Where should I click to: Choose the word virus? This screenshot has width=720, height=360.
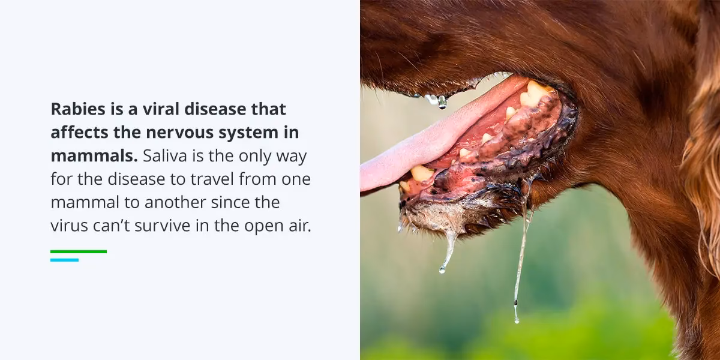[x=67, y=226]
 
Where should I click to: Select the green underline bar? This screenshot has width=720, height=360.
[x=78, y=251]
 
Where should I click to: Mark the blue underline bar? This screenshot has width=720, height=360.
[x=64, y=260]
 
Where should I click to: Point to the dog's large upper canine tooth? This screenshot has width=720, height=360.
[x=536, y=93]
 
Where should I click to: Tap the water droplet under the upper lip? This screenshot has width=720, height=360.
[x=442, y=102]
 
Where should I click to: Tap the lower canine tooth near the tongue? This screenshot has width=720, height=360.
[x=421, y=173]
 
